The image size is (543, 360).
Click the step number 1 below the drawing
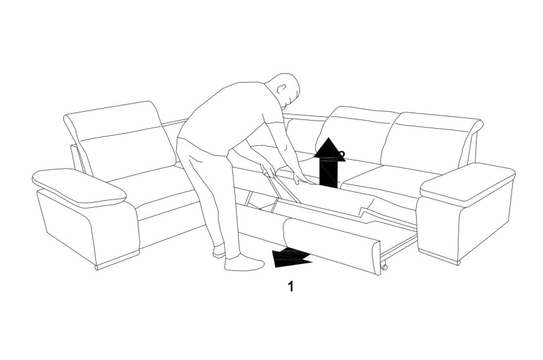[x=290, y=287]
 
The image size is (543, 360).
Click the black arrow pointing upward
[x=329, y=163]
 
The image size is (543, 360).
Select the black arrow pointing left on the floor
[x=291, y=258]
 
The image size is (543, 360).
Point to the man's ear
[x=282, y=88]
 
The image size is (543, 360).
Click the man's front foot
[x=244, y=263]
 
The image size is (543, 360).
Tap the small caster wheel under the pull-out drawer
[x=384, y=267]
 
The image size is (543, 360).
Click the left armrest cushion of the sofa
[x=79, y=188]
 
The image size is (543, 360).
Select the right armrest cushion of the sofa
[x=467, y=184]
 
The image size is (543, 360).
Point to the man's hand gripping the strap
[x=269, y=170]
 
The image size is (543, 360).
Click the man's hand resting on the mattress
[x=301, y=177]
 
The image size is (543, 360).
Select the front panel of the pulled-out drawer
[x=333, y=246]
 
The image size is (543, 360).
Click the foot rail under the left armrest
[x=117, y=261]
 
